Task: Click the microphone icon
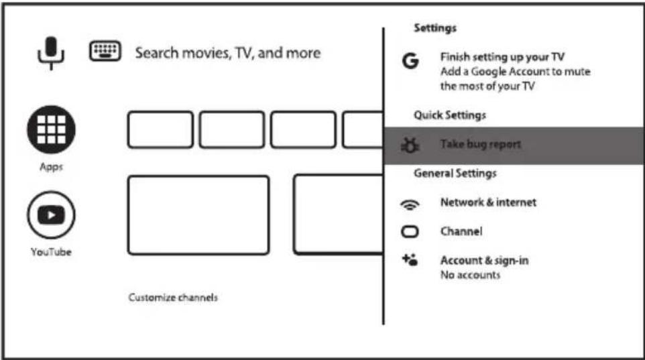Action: tap(51, 53)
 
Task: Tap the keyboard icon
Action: tap(105, 51)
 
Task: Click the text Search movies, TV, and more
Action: tap(228, 53)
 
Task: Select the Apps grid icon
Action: tap(51, 129)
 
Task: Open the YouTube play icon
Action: tap(51, 215)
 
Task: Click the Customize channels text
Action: tap(173, 298)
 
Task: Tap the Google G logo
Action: tap(410, 61)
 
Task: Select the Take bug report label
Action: tap(481, 144)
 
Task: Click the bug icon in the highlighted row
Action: tap(410, 145)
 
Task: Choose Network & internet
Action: tap(488, 202)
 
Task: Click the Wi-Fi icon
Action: tap(410, 204)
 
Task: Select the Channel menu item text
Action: tap(461, 231)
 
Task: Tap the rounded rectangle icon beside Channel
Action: tap(410, 232)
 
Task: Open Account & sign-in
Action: tap(485, 260)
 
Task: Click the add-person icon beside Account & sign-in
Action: tap(410, 260)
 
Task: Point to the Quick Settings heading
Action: tap(450, 115)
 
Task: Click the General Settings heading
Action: tap(455, 173)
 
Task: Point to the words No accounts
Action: tap(470, 275)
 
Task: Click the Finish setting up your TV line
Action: tap(502, 57)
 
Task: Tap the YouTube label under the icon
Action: tap(51, 252)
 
